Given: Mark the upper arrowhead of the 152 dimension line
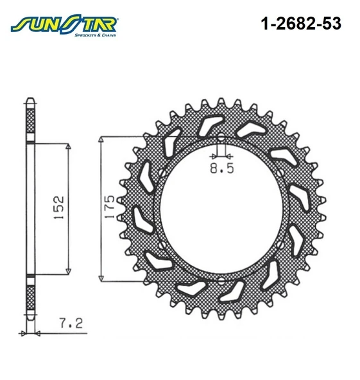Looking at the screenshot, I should [x=68, y=147].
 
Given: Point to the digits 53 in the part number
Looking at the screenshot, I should [x=332, y=24].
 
